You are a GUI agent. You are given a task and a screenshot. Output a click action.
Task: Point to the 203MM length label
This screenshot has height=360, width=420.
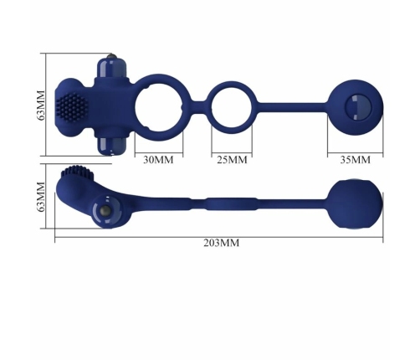221,243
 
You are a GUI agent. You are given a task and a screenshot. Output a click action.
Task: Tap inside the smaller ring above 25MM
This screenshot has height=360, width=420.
230,107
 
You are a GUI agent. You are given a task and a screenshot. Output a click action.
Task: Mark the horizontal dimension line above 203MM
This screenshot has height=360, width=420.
221,235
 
